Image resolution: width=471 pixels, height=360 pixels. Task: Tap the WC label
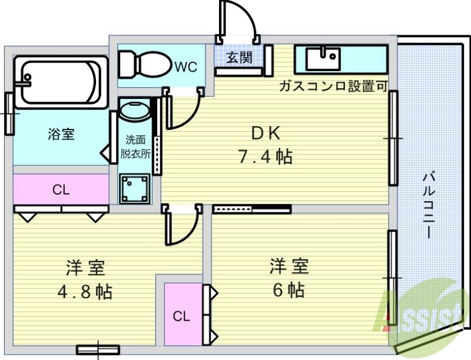186,66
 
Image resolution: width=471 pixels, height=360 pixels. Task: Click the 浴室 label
61,134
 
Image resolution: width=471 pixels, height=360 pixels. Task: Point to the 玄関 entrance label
239,57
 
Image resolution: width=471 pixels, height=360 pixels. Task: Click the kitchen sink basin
323,58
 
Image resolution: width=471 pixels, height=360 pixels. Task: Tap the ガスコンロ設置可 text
333,86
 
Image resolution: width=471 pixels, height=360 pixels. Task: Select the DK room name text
266,134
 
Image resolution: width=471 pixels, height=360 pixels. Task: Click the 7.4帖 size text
266,156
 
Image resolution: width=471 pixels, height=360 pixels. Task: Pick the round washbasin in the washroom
135,111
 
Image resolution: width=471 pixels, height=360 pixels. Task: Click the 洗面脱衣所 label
135,147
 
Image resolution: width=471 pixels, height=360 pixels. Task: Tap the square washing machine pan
135,188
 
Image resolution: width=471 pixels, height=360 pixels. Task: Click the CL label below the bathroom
61,189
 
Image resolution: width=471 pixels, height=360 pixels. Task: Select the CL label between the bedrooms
181,316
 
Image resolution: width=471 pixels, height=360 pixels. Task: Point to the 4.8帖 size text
85,291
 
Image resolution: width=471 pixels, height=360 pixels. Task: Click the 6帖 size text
288,290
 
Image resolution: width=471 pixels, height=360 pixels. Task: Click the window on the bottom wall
98,350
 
